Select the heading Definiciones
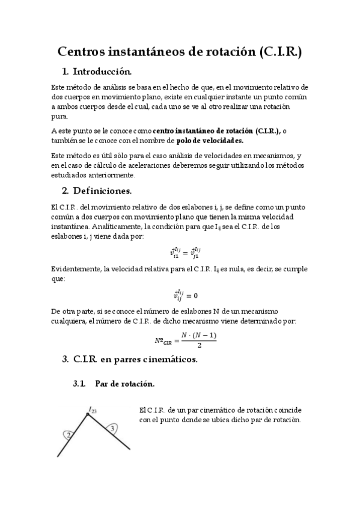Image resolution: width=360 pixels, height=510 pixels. (102, 191)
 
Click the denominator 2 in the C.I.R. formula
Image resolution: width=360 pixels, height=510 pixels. (198, 345)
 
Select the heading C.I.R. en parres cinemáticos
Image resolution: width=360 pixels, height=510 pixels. (135, 360)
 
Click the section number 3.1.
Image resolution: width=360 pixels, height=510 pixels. (81, 384)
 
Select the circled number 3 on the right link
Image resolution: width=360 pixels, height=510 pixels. (111, 428)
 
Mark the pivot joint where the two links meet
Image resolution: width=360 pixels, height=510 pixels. (88, 414)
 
